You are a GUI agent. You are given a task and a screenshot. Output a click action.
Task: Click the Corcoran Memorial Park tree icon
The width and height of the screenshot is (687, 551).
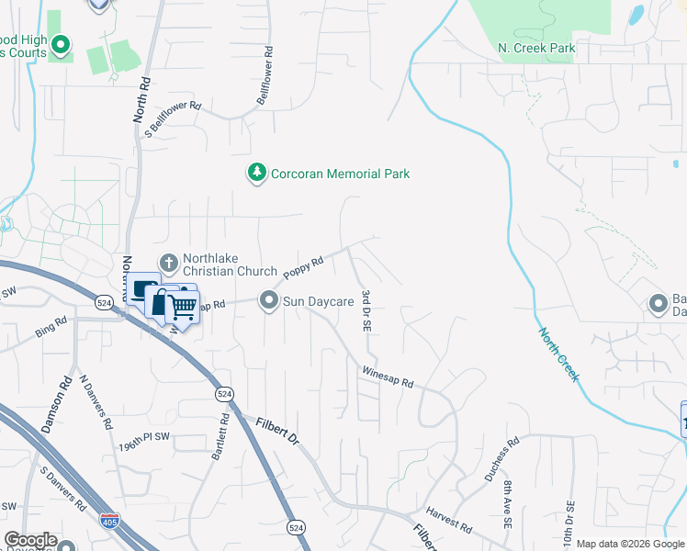click(257, 173)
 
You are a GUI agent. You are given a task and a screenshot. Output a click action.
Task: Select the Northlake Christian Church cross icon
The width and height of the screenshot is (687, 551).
click(168, 264)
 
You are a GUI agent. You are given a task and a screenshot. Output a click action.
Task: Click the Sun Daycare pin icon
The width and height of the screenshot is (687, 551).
click(269, 300)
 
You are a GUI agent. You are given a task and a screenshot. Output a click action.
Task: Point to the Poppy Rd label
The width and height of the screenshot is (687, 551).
click(304, 267)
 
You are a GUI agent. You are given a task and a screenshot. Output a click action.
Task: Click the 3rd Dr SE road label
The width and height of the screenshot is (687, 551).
click(367, 311)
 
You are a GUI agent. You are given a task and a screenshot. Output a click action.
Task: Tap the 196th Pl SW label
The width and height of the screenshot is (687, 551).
click(145, 441)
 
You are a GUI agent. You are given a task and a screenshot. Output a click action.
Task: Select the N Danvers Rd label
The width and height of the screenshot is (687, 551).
click(95, 402)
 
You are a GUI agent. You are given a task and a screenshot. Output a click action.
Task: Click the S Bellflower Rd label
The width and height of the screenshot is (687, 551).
click(174, 118)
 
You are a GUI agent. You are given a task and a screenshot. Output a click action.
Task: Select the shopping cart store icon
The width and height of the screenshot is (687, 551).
click(182, 309)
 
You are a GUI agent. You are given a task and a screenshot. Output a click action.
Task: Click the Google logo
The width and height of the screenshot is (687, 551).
click(30, 540)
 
